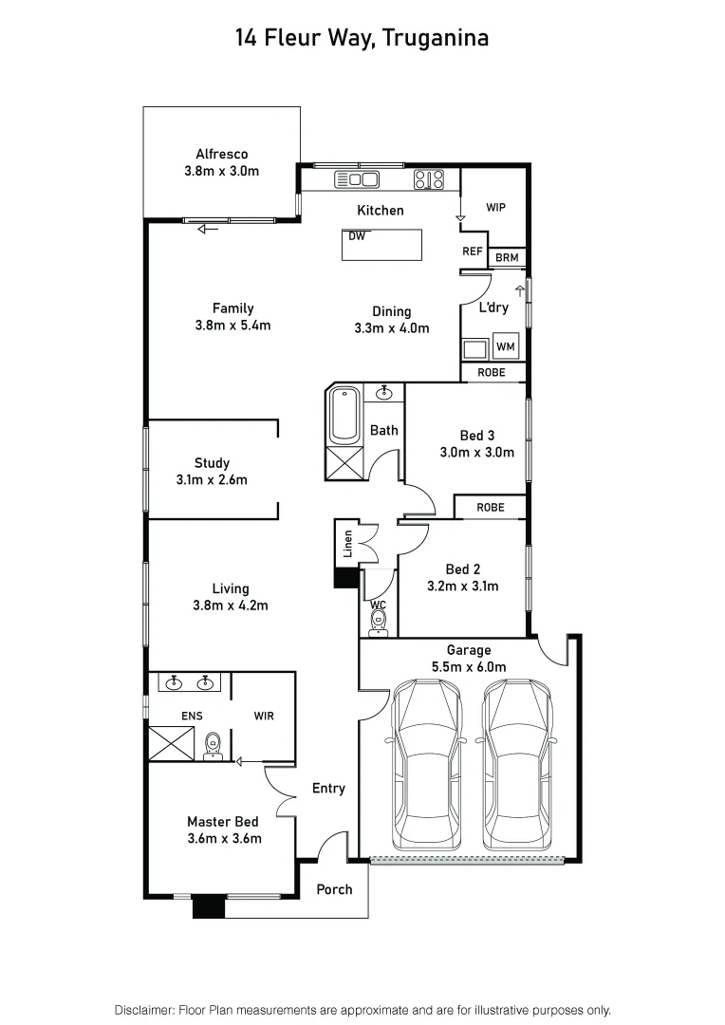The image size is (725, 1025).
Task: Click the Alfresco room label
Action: click(221, 154)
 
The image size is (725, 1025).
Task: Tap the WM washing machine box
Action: click(505, 347)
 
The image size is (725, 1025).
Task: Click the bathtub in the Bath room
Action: click(344, 413)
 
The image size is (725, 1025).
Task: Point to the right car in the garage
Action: click(517, 765)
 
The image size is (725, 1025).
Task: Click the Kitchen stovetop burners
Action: click(429, 178)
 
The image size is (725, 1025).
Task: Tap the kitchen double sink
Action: click(357, 179)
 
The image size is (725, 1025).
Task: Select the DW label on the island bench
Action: click(357, 235)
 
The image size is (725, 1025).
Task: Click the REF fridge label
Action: click(473, 252)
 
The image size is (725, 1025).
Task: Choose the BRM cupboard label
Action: click(507, 257)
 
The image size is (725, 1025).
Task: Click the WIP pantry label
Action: click(495, 207)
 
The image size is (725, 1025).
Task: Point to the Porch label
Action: click(334, 889)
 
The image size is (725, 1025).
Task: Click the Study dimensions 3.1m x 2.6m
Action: click(212, 479)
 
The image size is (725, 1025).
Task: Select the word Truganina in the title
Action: click(443, 38)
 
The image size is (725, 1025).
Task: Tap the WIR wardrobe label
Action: click(264, 716)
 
